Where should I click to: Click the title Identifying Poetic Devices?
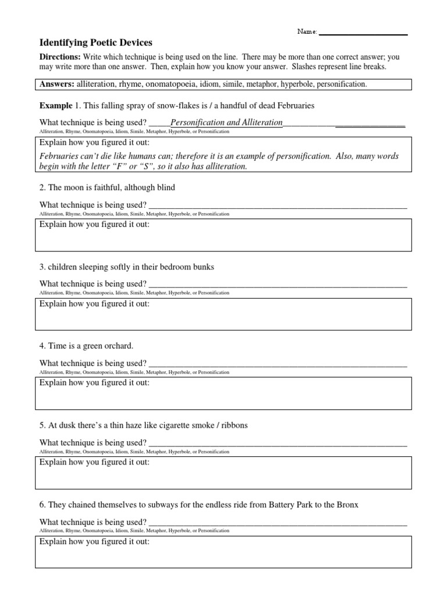tap(95, 42)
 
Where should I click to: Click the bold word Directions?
tap(59, 57)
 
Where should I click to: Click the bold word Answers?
tap(57, 84)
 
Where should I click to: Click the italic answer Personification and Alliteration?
tap(226, 123)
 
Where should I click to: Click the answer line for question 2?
tap(278, 206)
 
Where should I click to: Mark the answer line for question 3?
tap(278, 285)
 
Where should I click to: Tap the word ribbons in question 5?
tap(232, 425)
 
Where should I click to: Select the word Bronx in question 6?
tap(347, 505)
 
